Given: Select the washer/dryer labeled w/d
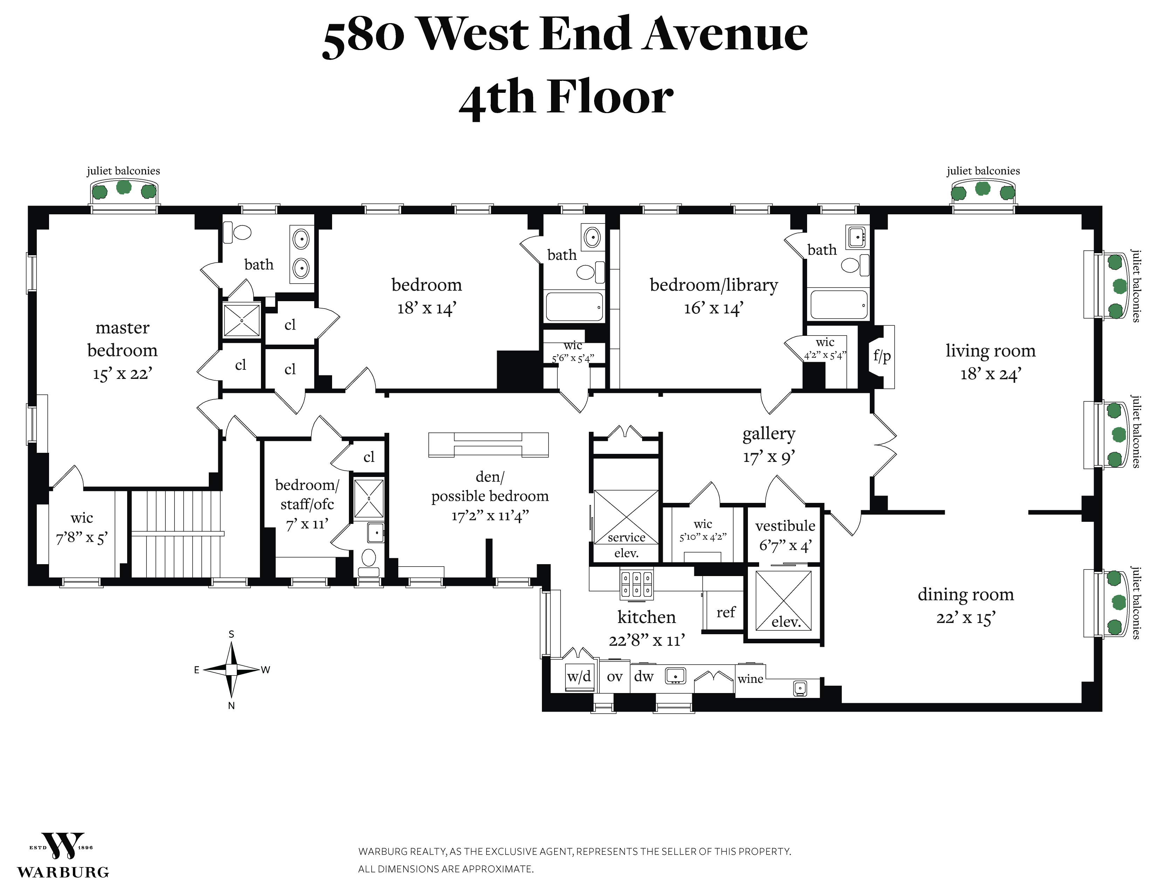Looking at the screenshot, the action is (x=579, y=676).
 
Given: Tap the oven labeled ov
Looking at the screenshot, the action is (x=614, y=677).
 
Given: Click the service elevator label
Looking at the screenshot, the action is (x=626, y=545).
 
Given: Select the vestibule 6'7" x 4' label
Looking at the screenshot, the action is (x=785, y=535).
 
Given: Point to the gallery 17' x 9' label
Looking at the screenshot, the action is (x=769, y=445).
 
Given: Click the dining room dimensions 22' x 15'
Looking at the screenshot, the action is (x=965, y=618).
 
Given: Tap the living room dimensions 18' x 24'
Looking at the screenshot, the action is (x=990, y=374).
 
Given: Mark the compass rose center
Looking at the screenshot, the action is (x=231, y=669).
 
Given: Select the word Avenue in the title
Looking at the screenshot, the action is (x=725, y=34).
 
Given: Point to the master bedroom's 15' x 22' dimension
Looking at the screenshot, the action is (x=122, y=374).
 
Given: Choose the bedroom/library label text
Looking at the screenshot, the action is (x=714, y=285).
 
